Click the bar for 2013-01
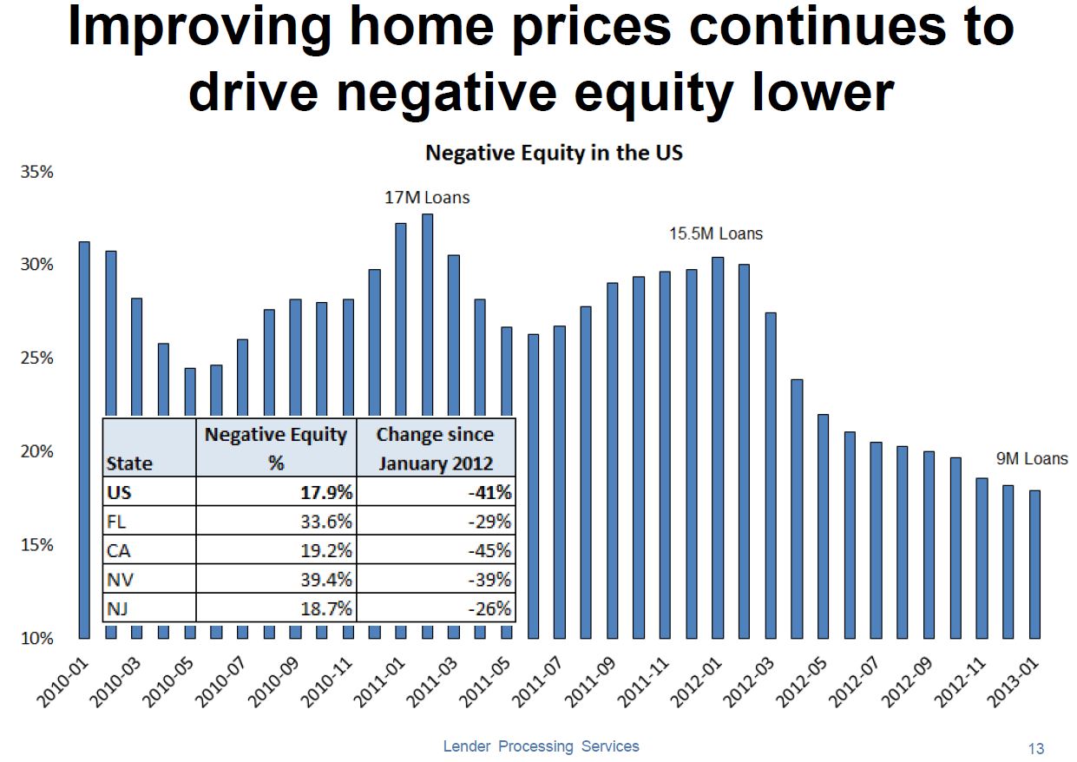pos(1034,564)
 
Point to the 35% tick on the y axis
pos(36,172)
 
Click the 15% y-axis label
pos(36,545)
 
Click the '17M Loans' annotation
pos(427,198)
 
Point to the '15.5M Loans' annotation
pos(716,233)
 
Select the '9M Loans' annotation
pos(1032,458)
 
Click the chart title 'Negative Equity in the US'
pos(554,154)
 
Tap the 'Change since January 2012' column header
pos(435,448)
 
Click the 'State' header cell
pos(128,463)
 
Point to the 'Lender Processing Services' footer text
pos(541,746)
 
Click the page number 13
pos(1035,748)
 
